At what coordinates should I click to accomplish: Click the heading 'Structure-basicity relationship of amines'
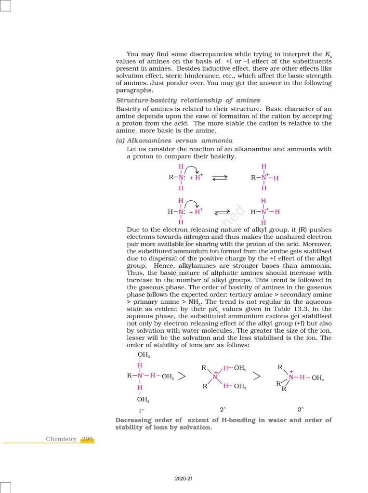[188, 100]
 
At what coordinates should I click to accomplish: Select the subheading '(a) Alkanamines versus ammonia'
[174, 141]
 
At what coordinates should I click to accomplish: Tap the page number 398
[88, 439]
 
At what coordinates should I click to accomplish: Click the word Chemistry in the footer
[61, 439]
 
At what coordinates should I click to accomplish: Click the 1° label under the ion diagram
[142, 411]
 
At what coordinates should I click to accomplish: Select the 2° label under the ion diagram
[223, 410]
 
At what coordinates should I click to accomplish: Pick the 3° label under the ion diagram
[301, 410]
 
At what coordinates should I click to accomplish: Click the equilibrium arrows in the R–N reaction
[220, 178]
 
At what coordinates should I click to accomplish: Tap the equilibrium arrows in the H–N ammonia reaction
[223, 211]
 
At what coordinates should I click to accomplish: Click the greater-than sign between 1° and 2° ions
[182, 376]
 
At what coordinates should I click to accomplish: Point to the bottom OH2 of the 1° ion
[143, 399]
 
